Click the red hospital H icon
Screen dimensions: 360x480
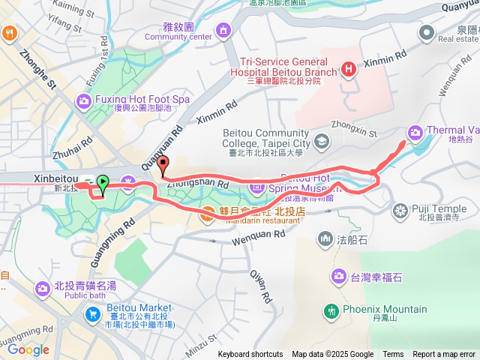click(348, 70)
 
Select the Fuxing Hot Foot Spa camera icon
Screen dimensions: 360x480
click(83, 100)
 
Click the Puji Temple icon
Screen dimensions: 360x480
click(401, 209)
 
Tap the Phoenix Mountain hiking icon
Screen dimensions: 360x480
click(331, 310)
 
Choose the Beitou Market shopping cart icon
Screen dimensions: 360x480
click(93, 313)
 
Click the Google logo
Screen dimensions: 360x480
click(28, 349)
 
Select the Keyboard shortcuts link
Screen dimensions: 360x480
click(250, 355)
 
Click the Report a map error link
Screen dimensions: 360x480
click(444, 355)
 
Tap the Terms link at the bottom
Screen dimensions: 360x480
click(393, 355)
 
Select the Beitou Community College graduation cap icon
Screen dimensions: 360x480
click(321, 140)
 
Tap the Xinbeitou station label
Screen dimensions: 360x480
click(55, 178)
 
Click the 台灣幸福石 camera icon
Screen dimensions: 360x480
click(338, 277)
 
